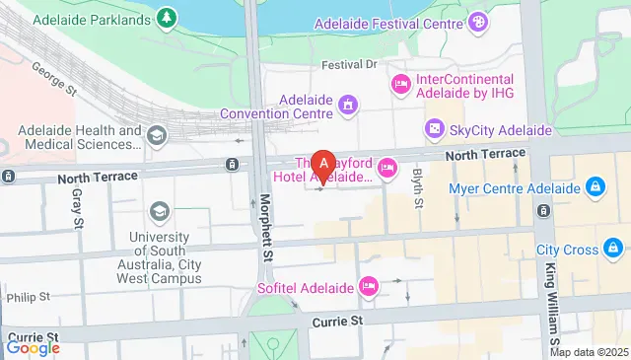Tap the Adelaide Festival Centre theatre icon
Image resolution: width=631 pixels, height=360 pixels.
[x=478, y=21]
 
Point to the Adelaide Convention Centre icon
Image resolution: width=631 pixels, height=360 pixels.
[x=347, y=105]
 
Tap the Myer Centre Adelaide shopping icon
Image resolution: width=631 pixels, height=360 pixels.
[x=596, y=186]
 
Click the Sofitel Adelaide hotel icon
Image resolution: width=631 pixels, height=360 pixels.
[x=369, y=286]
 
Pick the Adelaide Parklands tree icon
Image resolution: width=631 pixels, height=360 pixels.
[x=169, y=17]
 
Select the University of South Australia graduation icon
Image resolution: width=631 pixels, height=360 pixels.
[x=159, y=211]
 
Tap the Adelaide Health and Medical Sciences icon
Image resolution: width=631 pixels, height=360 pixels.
[x=157, y=134]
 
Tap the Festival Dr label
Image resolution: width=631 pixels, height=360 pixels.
[x=350, y=65]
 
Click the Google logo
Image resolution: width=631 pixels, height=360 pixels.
[x=33, y=347]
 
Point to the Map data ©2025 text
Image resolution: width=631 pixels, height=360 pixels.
[x=589, y=352]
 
